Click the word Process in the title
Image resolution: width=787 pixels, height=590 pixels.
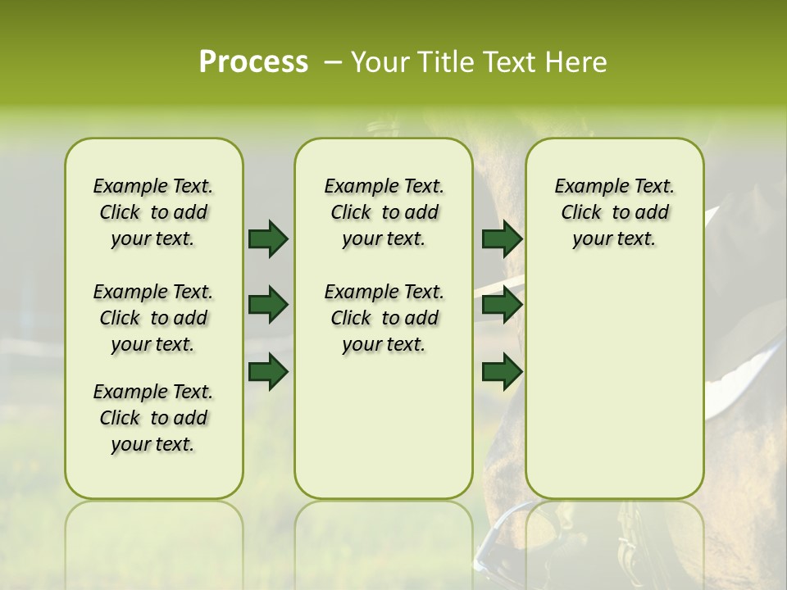coord(253,61)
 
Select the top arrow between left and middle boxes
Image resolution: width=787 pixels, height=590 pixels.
coord(268,239)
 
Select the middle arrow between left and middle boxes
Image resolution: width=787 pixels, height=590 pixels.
coord(268,305)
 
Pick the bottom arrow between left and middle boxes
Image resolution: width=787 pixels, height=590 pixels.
coord(268,372)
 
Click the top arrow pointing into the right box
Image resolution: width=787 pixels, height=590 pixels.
coord(502,239)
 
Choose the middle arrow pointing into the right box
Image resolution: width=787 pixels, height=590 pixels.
coord(502,305)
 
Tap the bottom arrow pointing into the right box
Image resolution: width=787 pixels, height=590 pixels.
coord(502,372)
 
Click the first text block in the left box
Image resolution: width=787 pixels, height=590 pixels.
coord(153,212)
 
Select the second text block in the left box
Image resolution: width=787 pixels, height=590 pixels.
coord(153,318)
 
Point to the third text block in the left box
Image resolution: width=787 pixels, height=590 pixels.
coord(153,418)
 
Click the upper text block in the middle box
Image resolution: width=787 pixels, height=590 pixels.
coord(384,212)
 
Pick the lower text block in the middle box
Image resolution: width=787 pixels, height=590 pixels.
coord(384,318)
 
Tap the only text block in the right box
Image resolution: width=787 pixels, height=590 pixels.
coord(614,212)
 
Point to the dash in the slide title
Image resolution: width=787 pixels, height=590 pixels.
coord(332,61)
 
